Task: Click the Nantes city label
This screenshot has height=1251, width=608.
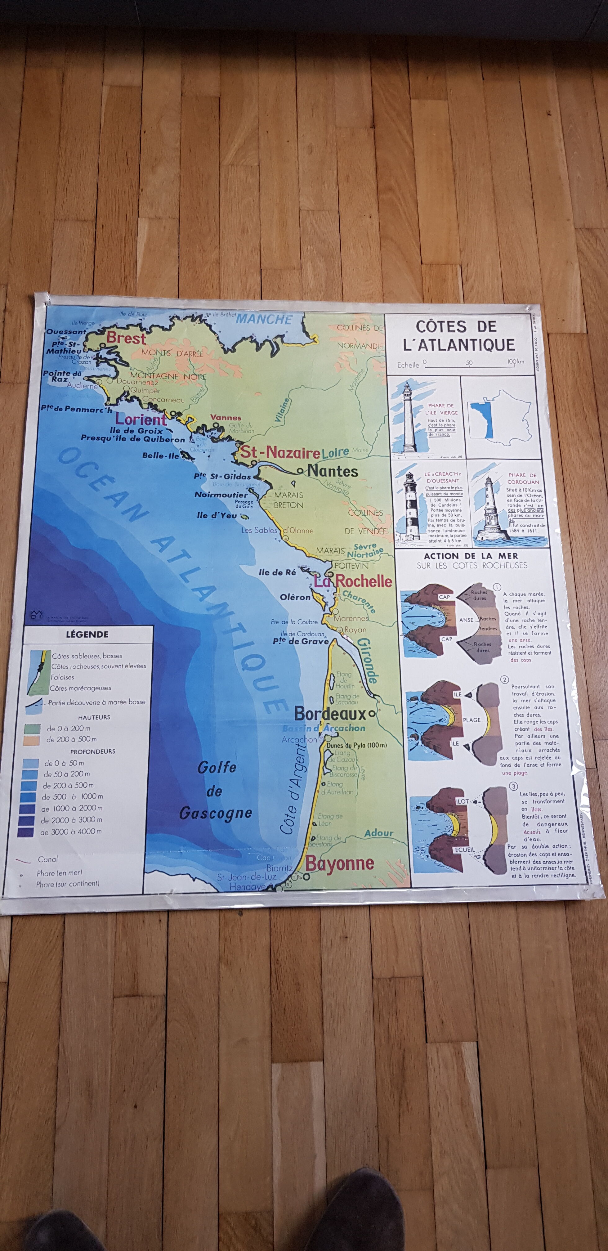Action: (333, 471)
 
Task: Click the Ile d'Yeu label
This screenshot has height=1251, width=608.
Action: (217, 515)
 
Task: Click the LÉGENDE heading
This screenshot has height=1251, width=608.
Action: (87, 634)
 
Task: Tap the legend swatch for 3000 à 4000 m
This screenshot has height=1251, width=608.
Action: (25, 832)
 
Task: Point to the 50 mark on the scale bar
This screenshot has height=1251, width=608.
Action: (469, 363)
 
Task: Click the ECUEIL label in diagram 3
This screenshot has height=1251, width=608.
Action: (464, 850)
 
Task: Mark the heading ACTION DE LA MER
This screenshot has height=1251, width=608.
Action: (471, 556)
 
